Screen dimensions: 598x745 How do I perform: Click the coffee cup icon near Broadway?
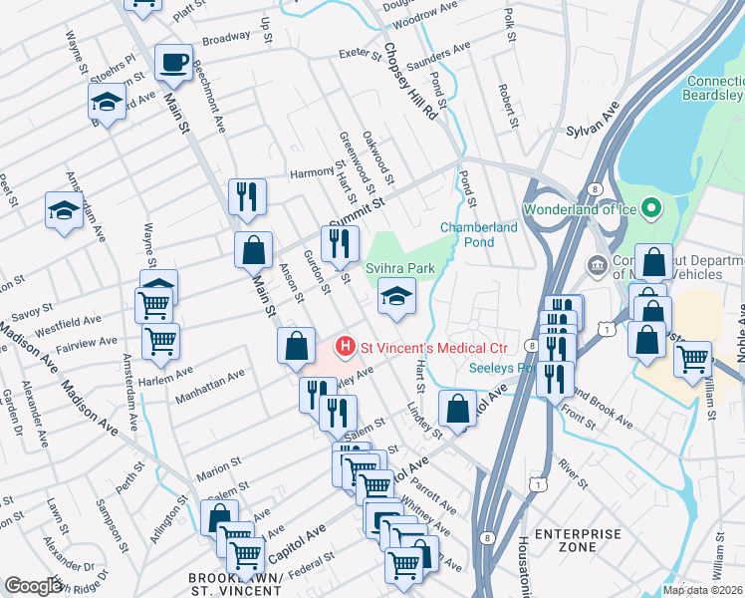[x=174, y=61]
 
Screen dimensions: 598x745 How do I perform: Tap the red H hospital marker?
[x=345, y=348]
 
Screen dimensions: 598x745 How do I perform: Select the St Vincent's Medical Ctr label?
[x=434, y=348]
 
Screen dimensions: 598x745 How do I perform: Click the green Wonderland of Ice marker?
[x=651, y=208]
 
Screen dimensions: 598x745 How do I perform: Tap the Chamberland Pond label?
[x=479, y=234]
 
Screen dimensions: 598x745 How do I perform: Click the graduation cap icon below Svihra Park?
[x=396, y=296]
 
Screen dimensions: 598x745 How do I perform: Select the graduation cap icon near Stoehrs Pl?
[x=107, y=101]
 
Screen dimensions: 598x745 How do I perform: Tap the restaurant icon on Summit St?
[x=340, y=242]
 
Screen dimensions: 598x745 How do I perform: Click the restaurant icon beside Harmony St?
[x=246, y=195]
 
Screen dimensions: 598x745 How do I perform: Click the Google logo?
[x=34, y=586]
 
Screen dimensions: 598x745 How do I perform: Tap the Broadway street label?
[x=226, y=39]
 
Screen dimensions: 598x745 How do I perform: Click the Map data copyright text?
[x=702, y=590]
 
